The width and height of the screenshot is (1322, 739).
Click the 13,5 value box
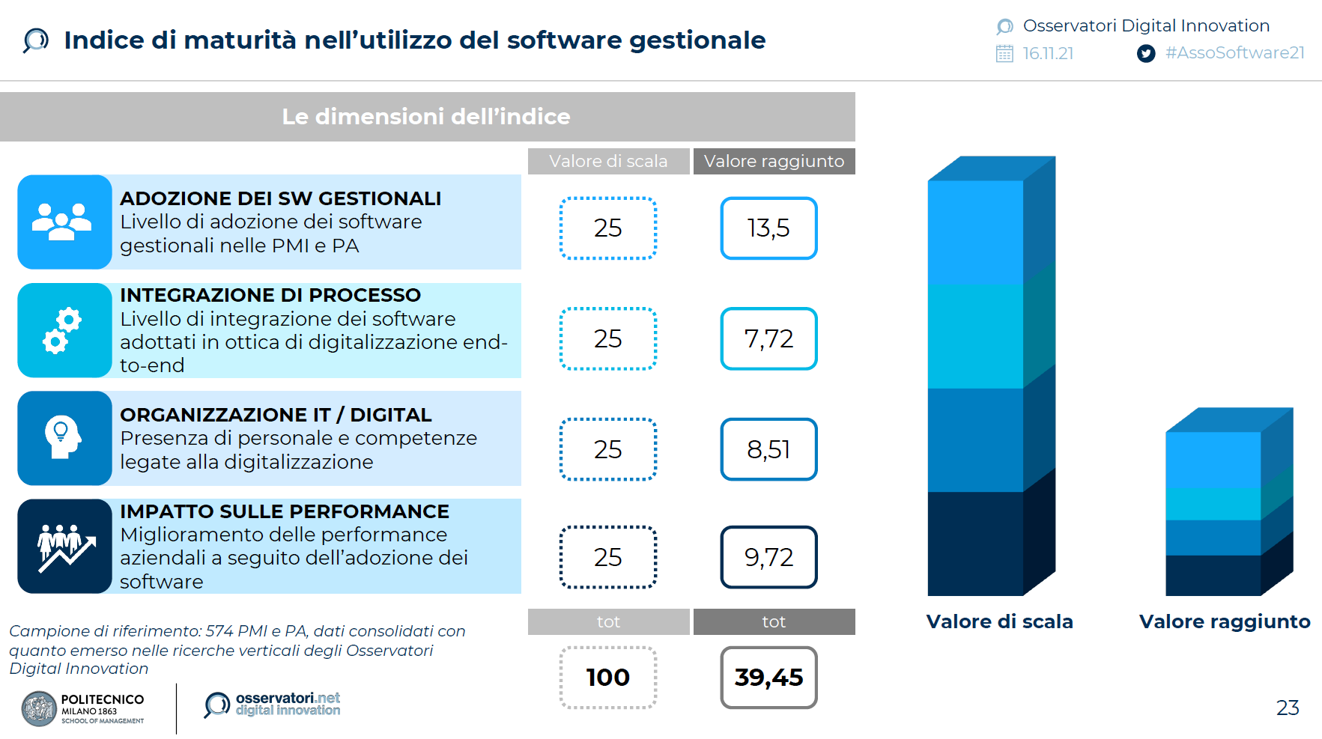click(x=768, y=228)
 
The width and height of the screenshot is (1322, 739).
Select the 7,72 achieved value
click(x=768, y=338)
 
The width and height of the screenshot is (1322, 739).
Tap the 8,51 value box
click(x=768, y=449)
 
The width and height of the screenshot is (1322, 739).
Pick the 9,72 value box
click(x=768, y=557)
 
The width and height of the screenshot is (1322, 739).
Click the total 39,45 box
click(x=768, y=678)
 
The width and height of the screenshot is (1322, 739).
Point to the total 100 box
click(x=608, y=678)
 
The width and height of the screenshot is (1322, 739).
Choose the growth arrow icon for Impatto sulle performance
click(x=66, y=547)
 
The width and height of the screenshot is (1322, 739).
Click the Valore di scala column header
click(x=608, y=161)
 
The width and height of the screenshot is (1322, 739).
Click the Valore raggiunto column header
click(x=774, y=161)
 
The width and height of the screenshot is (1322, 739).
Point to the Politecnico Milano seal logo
click(x=39, y=709)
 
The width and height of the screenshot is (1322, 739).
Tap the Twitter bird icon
click(x=1145, y=53)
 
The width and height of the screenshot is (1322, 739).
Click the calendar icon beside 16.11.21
click(x=1004, y=53)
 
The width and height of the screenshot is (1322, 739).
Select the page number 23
click(x=1288, y=708)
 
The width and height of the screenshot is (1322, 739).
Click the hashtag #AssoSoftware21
click(x=1234, y=53)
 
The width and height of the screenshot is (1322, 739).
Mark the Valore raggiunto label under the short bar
click(x=1225, y=621)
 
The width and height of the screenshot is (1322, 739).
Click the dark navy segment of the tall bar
click(x=975, y=543)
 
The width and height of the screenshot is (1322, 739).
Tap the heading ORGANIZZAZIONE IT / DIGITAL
click(x=276, y=415)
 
